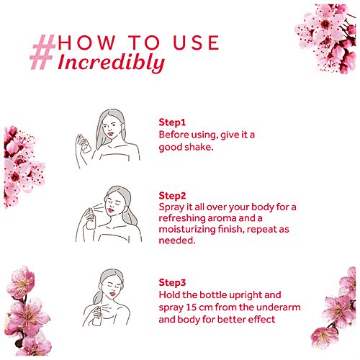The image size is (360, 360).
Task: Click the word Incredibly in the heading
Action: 111,63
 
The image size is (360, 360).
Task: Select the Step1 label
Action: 172,122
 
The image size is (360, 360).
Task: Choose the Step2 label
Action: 172,195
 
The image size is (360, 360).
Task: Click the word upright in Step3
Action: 237,296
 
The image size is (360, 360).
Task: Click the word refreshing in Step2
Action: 186,219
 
